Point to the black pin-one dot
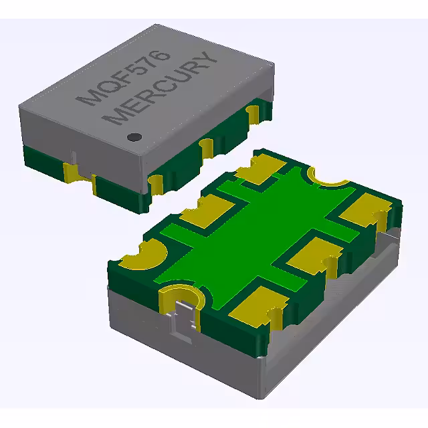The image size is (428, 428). tap(134, 136)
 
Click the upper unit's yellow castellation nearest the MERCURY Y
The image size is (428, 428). tap(255, 114)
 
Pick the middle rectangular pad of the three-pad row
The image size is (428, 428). tap(310, 254)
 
